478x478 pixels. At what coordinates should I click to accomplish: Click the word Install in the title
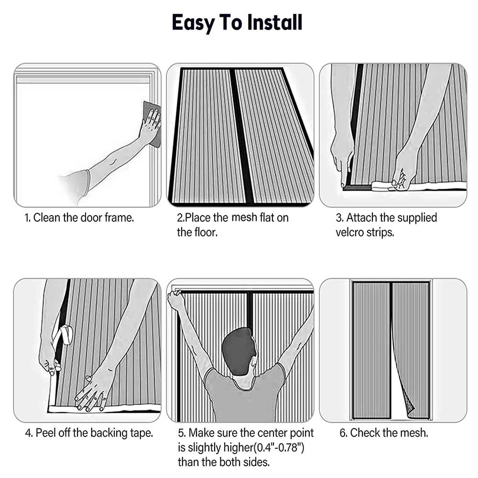(x=274, y=22)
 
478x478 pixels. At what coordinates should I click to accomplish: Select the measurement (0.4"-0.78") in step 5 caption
(x=279, y=447)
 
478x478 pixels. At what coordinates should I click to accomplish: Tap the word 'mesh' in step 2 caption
(x=244, y=217)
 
